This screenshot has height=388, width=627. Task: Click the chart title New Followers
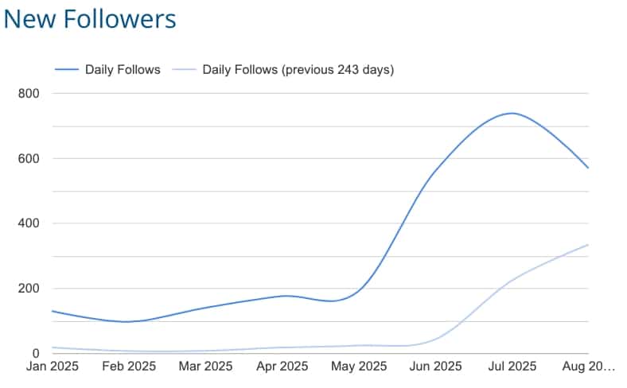point(90,19)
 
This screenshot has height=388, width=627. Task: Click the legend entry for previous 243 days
point(298,69)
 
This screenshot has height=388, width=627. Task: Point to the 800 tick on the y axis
point(29,93)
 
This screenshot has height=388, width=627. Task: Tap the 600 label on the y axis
point(29,158)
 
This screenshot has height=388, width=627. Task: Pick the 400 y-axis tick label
point(29,223)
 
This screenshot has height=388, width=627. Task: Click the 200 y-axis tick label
point(29,289)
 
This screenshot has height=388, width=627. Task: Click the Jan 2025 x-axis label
point(52,367)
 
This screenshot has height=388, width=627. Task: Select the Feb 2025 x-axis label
point(129,367)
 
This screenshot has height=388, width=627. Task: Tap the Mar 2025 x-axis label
point(205,367)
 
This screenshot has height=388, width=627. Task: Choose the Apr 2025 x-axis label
point(282,367)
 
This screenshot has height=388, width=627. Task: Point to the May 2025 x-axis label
point(359,367)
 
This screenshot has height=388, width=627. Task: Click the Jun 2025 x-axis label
point(436,367)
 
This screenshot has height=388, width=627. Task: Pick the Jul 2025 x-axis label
point(512,367)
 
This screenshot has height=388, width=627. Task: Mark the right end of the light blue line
point(588,245)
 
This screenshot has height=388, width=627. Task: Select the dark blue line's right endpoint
point(588,168)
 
